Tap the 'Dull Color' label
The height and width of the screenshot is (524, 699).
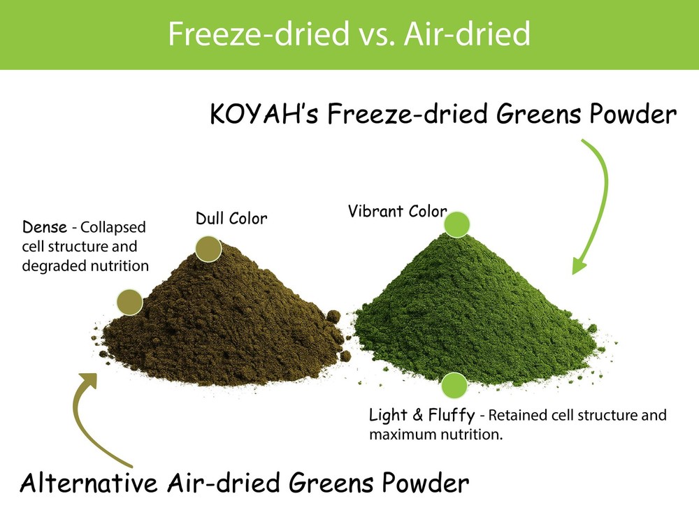231,219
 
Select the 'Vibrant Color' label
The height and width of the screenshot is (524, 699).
396,210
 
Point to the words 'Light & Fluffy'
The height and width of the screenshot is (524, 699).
421,416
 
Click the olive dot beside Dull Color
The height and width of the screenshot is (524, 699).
208,249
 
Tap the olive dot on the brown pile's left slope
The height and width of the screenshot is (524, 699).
129,302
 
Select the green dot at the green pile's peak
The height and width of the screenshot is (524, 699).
457,224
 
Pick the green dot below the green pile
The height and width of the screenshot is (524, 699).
454,385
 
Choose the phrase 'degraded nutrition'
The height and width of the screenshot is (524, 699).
85,265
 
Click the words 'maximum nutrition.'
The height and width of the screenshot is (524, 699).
436,435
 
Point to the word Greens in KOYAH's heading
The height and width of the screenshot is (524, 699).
532,113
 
